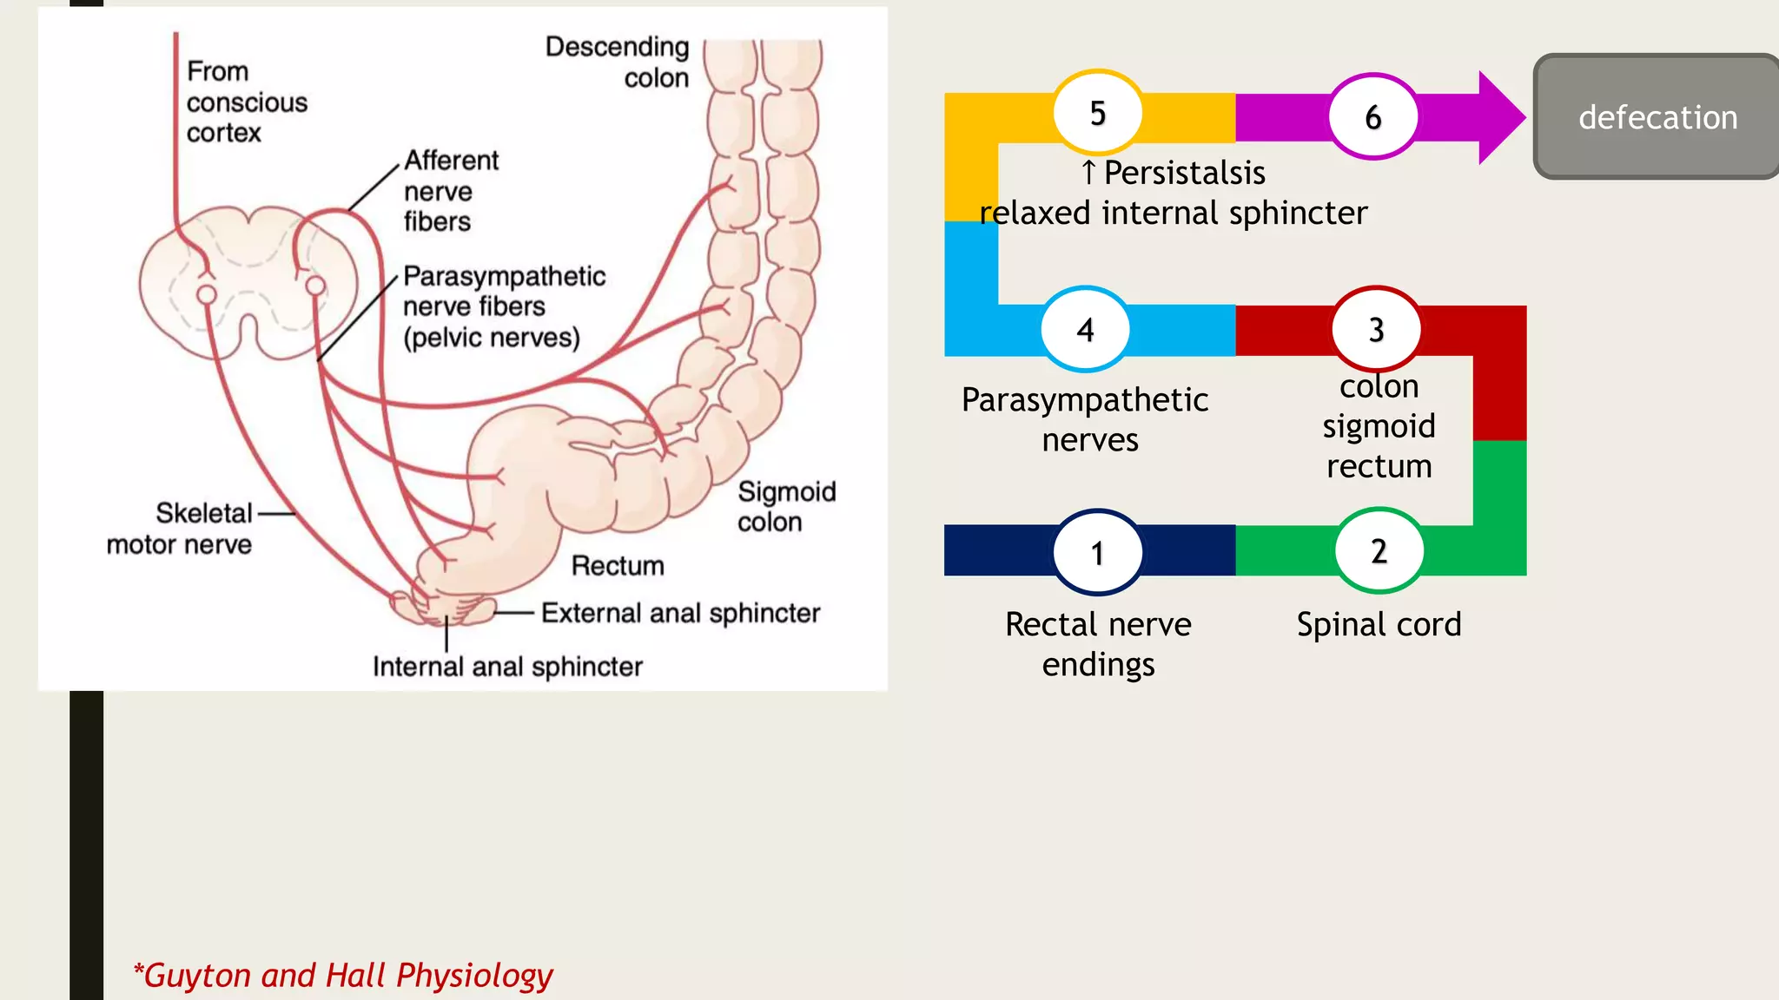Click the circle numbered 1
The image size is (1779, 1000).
[1098, 552]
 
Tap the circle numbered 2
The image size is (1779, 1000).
[1379, 550]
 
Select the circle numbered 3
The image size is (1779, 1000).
[1376, 329]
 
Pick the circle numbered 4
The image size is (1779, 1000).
[1085, 329]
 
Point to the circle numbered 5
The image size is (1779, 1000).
[1098, 113]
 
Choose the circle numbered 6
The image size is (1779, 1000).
[1372, 116]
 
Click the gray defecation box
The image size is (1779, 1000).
[1657, 117]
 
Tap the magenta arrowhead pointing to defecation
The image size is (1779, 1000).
[1499, 117]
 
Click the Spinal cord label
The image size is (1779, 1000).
[1379, 624]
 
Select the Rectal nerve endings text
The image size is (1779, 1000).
[1098, 644]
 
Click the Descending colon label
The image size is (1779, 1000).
[618, 62]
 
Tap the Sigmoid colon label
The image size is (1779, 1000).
[785, 507]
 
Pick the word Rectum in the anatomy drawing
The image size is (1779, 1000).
[618, 566]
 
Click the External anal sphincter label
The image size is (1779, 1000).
[680, 613]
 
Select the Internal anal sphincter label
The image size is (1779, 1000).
[507, 667]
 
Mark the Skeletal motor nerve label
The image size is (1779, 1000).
[180, 529]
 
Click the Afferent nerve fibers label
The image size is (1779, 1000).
[450, 191]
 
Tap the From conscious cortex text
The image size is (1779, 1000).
[246, 102]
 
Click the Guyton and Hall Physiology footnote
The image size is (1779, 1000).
[343, 976]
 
